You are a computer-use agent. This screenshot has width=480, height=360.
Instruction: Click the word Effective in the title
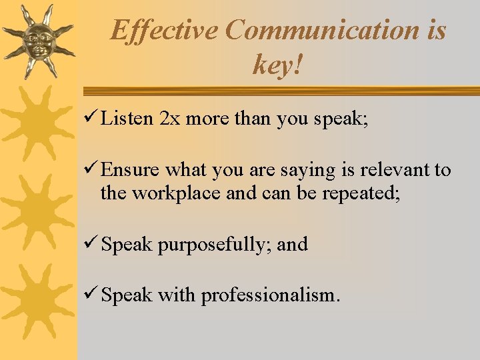tap(163, 30)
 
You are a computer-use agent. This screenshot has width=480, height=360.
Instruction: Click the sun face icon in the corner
tap(37, 39)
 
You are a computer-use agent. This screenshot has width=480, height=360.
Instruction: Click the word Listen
tap(127, 119)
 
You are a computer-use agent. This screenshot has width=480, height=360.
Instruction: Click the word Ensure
tap(131, 170)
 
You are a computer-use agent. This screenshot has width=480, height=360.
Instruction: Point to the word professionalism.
tap(270, 295)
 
